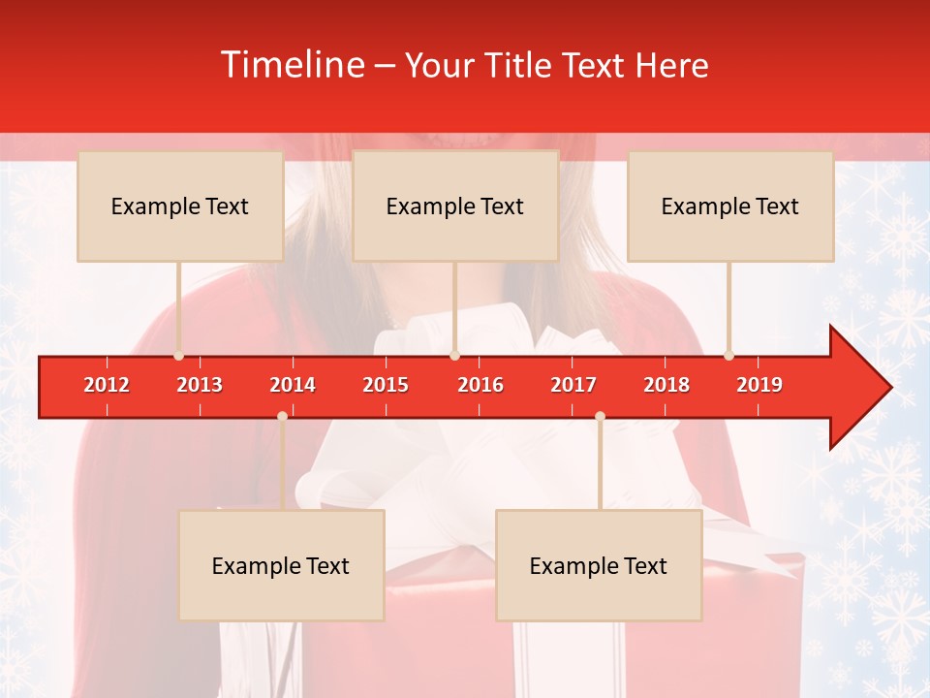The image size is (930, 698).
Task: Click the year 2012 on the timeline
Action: click(107, 385)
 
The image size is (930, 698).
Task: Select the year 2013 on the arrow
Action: click(200, 385)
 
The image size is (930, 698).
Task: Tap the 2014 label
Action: click(293, 385)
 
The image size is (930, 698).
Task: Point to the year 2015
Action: click(386, 385)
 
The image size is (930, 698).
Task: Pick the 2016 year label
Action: click(480, 385)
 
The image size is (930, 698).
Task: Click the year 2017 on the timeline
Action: click(573, 385)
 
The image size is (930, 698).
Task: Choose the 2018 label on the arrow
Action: click(666, 385)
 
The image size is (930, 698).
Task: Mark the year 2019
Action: click(759, 385)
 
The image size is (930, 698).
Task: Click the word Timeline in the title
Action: click(292, 65)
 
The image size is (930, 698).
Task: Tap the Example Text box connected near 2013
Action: click(180, 206)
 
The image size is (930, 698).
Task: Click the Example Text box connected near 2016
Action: click(455, 206)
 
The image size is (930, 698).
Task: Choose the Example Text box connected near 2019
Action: click(730, 206)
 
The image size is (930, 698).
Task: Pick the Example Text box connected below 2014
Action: click(281, 566)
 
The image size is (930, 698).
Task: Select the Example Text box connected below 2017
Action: click(599, 566)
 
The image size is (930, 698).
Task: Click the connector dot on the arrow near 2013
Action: click(178, 356)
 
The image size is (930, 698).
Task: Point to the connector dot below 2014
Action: click(282, 416)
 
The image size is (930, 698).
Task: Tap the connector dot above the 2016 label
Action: click(455, 356)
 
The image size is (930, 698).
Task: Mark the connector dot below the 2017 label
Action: click(600, 416)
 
